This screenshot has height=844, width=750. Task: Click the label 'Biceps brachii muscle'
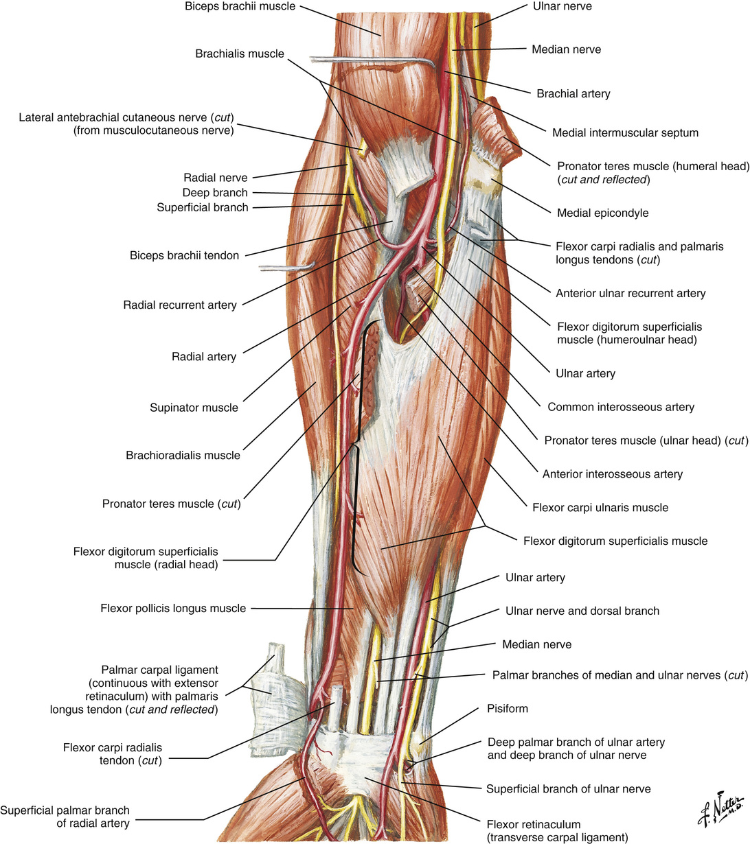pyautogui.click(x=230, y=7)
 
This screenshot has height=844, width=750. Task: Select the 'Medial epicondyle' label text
pyautogui.click(x=602, y=213)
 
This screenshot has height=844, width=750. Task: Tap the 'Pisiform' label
pyautogui.click(x=507, y=708)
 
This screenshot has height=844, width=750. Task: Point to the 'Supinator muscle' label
pyautogui.click(x=194, y=408)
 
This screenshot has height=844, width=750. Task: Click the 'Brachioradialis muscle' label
pyautogui.click(x=183, y=456)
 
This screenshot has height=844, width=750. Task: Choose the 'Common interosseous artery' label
pyautogui.click(x=620, y=408)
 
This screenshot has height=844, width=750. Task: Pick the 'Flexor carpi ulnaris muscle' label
pyautogui.click(x=600, y=508)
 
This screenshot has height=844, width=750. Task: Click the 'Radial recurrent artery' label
pyautogui.click(x=179, y=305)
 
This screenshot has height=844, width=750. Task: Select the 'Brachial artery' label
pyautogui.click(x=573, y=94)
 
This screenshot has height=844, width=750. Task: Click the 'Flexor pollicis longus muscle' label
pyautogui.click(x=172, y=608)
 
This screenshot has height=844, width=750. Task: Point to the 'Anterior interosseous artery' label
pyautogui.click(x=612, y=474)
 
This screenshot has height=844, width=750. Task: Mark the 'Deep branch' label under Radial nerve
pyautogui.click(x=215, y=193)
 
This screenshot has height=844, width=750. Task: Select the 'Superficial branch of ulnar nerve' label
pyautogui.click(x=568, y=789)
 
